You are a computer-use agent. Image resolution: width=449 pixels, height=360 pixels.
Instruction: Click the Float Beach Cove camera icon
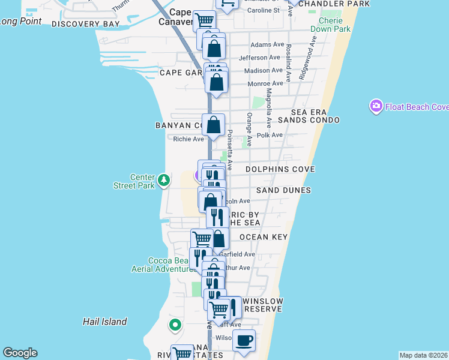(376, 106)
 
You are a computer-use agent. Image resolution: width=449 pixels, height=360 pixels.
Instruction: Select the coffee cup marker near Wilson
(244, 341)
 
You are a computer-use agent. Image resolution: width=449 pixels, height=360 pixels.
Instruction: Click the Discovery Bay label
(85, 24)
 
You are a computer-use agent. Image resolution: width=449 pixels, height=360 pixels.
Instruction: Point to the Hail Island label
(105, 322)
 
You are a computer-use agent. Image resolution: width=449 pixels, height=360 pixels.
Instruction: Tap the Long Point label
(22, 22)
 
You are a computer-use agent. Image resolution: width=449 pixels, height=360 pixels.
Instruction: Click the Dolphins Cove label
(280, 170)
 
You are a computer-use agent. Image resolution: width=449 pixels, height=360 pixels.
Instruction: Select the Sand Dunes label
(283, 190)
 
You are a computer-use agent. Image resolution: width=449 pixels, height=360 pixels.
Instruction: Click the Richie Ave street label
(188, 139)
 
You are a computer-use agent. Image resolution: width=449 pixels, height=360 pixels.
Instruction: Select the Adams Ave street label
(267, 44)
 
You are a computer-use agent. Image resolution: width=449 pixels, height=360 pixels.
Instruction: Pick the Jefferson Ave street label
(259, 58)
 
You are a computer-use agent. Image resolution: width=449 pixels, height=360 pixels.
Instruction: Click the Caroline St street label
(263, 10)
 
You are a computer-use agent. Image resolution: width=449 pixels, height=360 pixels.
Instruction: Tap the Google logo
(20, 353)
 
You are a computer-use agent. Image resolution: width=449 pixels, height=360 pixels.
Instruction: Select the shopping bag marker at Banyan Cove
(213, 125)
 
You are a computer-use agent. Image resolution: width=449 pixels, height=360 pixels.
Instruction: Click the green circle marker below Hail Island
(175, 326)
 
